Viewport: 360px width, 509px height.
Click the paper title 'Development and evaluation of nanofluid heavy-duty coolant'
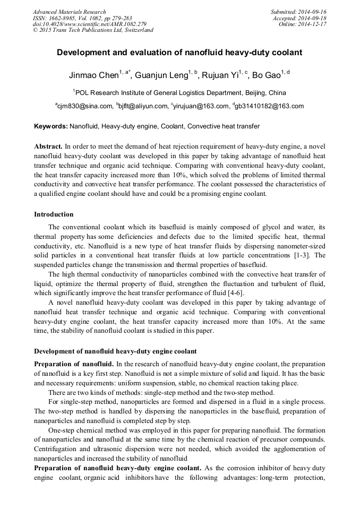pyautogui.click(x=179, y=53)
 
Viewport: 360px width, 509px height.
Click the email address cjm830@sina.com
pyautogui.click(x=85, y=106)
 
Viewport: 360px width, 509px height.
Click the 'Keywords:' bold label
pyautogui.click(x=51, y=126)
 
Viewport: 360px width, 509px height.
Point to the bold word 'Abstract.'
pyautogui.click(x=48, y=146)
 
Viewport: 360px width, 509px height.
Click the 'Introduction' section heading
pyautogui.click(x=54, y=214)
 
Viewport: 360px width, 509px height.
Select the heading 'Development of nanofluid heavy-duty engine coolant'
pyautogui.click(x=115, y=351)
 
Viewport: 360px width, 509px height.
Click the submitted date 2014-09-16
pyautogui.click(x=313, y=12)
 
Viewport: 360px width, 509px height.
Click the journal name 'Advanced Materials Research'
pyautogui.click(x=69, y=12)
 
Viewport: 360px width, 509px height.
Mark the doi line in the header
pyautogui.click(x=89, y=24)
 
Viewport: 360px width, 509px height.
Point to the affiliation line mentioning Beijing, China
pyautogui.click(x=179, y=92)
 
